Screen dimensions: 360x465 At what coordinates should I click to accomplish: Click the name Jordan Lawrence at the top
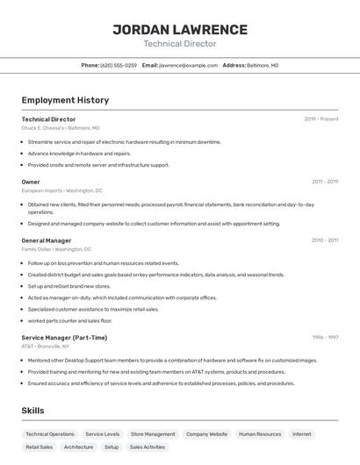[180, 30]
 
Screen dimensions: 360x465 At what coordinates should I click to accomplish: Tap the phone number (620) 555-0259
[119, 65]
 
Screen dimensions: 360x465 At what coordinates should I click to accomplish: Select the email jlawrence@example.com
[188, 65]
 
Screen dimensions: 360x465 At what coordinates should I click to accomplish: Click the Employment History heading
[65, 100]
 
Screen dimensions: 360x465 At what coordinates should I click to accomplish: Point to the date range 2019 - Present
[320, 119]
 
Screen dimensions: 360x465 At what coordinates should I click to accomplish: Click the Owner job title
[31, 182]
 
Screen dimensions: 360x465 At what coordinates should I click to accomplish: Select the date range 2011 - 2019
[324, 182]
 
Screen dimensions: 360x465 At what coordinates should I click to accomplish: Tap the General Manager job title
[47, 240]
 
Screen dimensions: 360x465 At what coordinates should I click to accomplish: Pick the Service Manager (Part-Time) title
[64, 337]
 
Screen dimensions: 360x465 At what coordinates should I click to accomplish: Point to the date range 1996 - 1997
[324, 337]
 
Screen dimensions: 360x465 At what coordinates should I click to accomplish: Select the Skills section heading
[32, 410]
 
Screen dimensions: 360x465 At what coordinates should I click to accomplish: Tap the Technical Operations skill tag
[50, 434]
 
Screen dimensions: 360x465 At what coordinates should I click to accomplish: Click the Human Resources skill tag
[260, 434]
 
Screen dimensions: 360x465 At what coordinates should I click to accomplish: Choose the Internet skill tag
[302, 434]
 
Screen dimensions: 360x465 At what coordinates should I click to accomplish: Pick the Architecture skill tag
[78, 447]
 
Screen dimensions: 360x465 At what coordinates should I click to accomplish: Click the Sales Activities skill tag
[148, 447]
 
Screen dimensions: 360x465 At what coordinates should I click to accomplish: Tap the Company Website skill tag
[206, 434]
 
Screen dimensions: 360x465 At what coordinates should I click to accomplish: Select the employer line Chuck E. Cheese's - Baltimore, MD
[61, 128]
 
